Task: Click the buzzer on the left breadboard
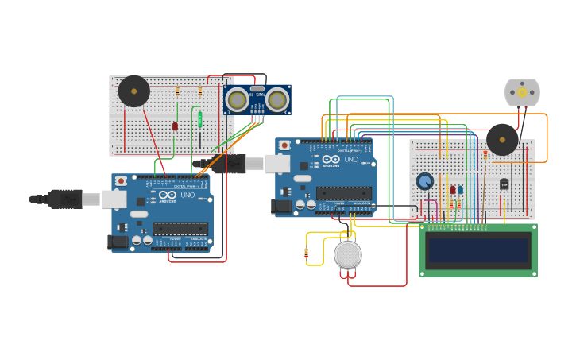[133, 91]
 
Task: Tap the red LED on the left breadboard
[175, 126]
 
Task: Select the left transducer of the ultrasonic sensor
[236, 100]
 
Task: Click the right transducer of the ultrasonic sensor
[276, 100]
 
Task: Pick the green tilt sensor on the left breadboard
[199, 119]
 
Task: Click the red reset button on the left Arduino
[121, 181]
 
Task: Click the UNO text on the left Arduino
[187, 195]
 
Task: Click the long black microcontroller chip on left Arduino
[180, 229]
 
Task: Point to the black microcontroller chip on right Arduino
[344, 193]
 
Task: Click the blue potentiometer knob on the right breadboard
[425, 181]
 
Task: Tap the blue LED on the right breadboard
[460, 190]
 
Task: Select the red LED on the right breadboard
[453, 190]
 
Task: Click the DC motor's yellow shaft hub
[522, 92]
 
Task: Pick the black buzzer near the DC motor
[502, 139]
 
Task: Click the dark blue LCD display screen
[477, 250]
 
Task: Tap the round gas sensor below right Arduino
[347, 254]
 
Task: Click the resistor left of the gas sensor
[307, 254]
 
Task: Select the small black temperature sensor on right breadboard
[504, 184]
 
